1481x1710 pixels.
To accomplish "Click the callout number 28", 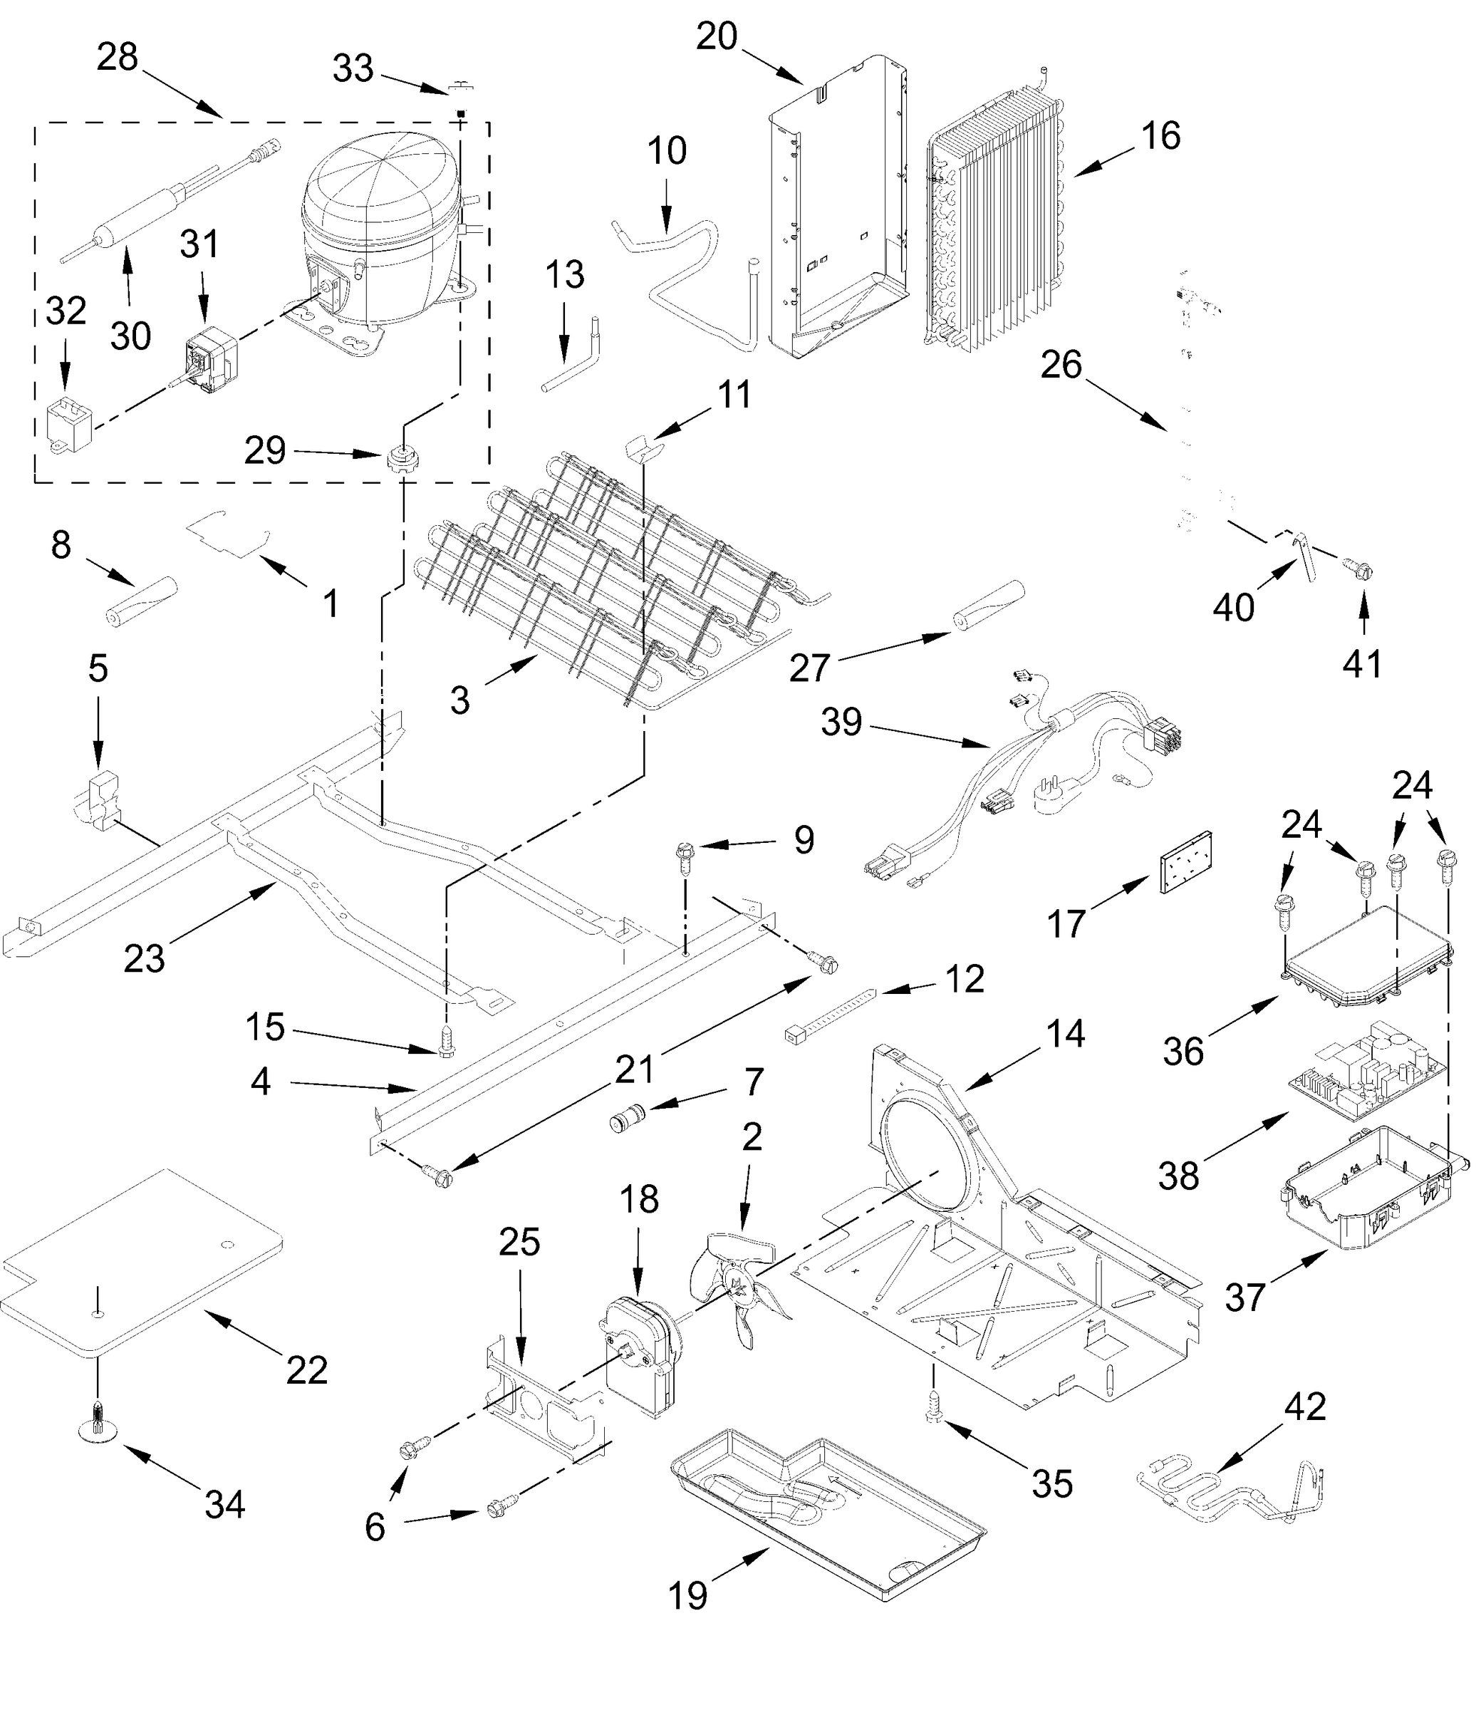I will click(117, 58).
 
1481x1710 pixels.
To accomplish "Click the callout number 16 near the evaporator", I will click(1161, 136).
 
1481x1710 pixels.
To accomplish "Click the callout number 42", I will click(1305, 1406).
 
